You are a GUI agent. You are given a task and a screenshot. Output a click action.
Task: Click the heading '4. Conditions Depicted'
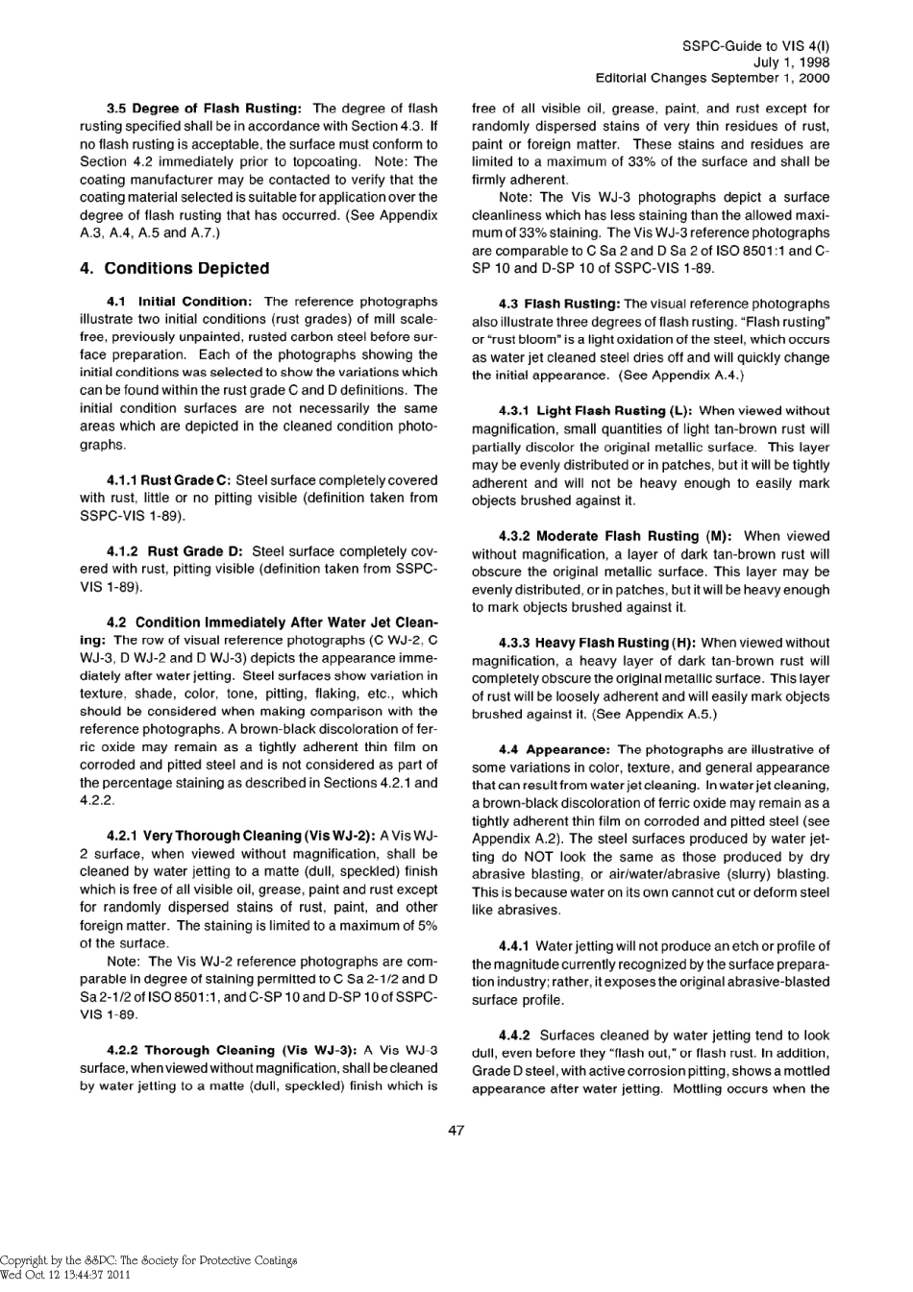pyautogui.click(x=174, y=268)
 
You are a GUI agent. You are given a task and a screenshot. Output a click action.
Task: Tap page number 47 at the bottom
pyautogui.click(x=456, y=1131)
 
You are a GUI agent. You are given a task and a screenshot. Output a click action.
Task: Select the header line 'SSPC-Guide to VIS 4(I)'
pyautogui.click(x=755, y=45)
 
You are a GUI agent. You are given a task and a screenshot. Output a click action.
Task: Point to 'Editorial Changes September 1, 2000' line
pyautogui.click(x=712, y=78)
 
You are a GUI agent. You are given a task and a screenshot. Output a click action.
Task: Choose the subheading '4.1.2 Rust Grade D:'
pyautogui.click(x=174, y=551)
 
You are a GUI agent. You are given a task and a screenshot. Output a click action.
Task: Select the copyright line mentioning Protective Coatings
pyautogui.click(x=148, y=1260)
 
